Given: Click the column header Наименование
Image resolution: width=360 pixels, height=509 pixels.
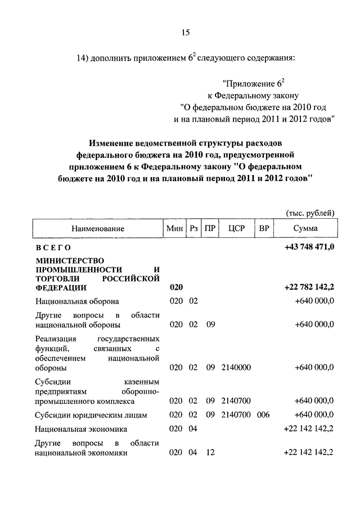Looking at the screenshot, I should point(97,229).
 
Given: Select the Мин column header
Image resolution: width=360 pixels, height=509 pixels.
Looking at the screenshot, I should point(174,229).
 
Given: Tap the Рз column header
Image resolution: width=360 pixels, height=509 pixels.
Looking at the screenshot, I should point(193,229).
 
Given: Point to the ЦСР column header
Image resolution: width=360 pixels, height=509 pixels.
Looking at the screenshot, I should point(236,229).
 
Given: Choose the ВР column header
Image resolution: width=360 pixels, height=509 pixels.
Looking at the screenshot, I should point(263,229).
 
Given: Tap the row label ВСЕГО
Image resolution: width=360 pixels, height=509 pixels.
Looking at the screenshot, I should point(53,247).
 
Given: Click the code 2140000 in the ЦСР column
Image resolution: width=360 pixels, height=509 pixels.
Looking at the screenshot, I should point(236,368).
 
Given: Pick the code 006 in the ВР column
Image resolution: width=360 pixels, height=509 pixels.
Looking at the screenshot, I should point(263,415).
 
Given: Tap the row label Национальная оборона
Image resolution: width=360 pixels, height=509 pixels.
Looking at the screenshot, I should point(76,301).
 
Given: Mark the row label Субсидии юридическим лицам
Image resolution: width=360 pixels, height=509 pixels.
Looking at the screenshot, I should point(91,415).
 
